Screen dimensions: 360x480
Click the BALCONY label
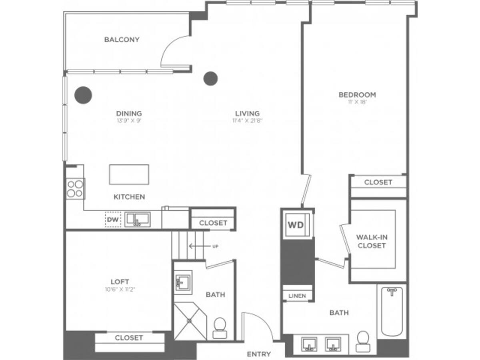tap(122, 40)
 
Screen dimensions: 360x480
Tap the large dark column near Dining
tap(83, 95)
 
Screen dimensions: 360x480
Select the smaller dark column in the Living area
tap(210, 78)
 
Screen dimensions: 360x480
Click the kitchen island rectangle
tap(129, 174)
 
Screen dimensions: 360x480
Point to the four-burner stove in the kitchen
tap(75, 189)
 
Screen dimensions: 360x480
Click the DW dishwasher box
tap(113, 220)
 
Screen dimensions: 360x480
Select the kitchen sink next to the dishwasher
tap(137, 219)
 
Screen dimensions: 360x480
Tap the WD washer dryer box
tap(296, 224)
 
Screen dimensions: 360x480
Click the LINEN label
tap(297, 296)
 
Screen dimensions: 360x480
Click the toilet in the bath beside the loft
tap(220, 328)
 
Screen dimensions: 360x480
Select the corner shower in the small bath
tap(190, 321)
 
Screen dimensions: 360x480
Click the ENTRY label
tap(259, 354)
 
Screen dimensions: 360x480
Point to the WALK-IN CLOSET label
tap(372, 241)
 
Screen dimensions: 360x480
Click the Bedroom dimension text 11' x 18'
tap(357, 102)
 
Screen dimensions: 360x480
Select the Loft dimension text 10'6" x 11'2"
tap(120, 289)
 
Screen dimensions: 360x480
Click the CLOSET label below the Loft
tap(129, 338)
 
